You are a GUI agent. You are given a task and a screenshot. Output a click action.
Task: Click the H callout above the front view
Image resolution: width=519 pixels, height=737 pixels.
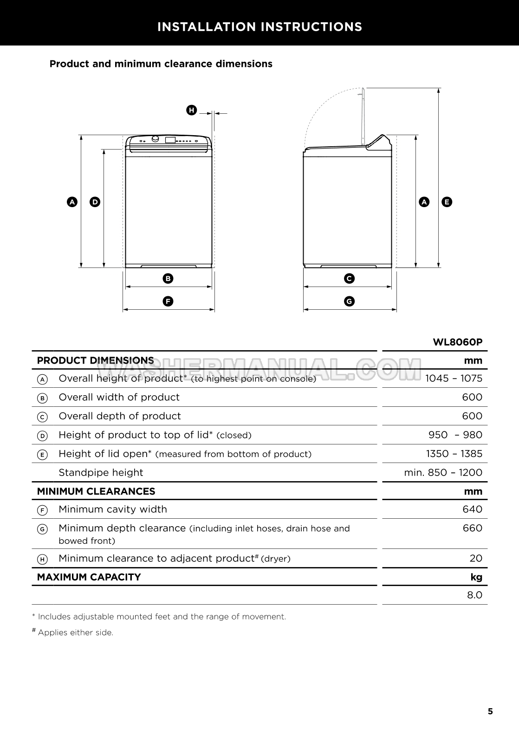tap(191, 111)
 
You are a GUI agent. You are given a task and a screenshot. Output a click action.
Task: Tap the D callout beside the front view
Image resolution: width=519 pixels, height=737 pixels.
tap(95, 202)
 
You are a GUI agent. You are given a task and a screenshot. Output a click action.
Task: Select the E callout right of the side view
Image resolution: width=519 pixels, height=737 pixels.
tap(447, 202)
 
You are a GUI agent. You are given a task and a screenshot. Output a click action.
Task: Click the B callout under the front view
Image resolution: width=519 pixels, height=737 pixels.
tap(168, 279)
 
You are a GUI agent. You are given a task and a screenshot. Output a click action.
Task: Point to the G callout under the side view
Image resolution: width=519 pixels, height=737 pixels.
tap(349, 301)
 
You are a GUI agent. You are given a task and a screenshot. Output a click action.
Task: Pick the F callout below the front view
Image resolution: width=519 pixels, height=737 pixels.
tap(168, 301)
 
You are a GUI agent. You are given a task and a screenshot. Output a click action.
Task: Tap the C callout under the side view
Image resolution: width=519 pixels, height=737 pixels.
tap(349, 279)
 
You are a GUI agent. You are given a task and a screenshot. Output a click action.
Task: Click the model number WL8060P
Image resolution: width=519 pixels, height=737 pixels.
tap(457, 342)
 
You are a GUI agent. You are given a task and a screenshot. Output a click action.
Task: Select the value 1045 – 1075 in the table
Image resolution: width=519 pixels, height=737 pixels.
tap(454, 378)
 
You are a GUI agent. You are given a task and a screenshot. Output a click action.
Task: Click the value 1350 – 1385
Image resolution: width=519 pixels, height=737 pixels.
tap(454, 454)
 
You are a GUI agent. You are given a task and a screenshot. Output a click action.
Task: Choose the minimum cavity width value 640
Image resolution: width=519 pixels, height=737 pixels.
tap(472, 509)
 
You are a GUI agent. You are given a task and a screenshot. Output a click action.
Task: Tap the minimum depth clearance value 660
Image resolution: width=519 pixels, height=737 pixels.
tap(472, 528)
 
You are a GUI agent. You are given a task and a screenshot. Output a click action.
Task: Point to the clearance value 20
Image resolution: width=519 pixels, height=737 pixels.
tap(476, 558)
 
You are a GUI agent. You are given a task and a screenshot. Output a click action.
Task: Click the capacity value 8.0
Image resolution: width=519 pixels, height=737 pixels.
tap(474, 595)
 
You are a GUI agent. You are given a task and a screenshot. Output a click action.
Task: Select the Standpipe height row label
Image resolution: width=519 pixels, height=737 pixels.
tap(101, 473)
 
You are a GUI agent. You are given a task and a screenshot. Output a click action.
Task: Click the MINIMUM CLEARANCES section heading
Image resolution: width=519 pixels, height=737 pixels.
tap(96, 491)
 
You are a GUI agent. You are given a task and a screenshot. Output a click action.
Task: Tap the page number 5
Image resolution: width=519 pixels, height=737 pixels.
tap(490, 711)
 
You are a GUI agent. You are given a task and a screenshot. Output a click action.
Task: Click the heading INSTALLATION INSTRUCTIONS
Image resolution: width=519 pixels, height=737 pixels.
tap(259, 27)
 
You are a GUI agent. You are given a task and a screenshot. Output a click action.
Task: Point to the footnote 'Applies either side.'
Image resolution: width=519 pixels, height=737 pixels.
tap(75, 633)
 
